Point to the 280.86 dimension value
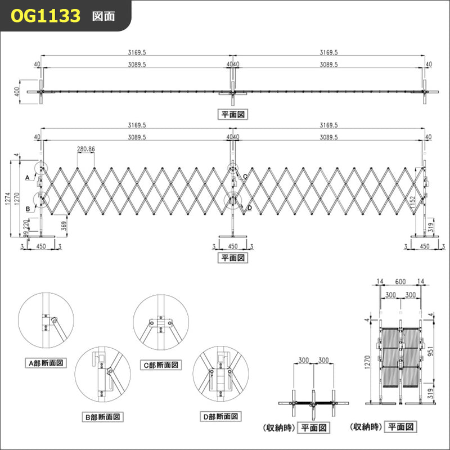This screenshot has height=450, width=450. (x=86, y=149)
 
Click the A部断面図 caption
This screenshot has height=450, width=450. (x=42, y=363)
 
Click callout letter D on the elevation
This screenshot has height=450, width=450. (x=249, y=208)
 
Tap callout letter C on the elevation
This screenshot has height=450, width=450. (x=245, y=176)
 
